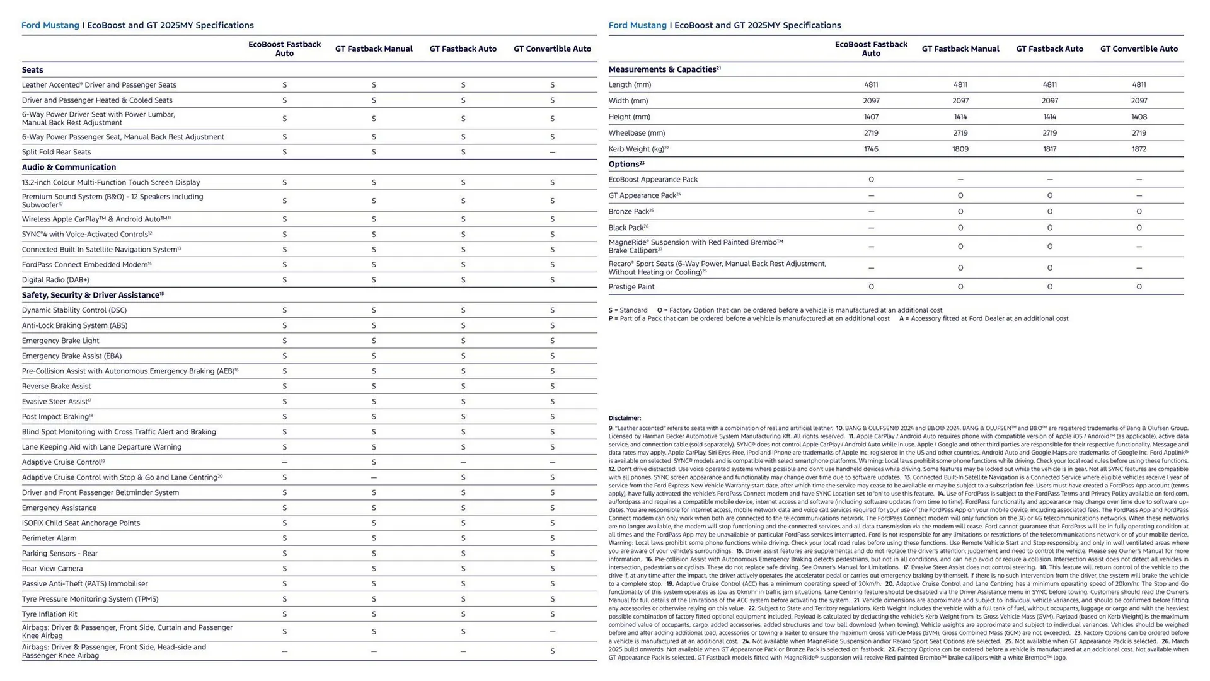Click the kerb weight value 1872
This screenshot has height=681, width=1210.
tap(1139, 149)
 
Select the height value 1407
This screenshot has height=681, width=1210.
tap(871, 117)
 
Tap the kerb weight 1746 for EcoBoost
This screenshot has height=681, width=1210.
tap(871, 149)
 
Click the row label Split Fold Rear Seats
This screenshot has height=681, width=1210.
tap(56, 152)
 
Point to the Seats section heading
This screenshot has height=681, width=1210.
tap(33, 70)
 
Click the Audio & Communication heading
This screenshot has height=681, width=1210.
tap(69, 167)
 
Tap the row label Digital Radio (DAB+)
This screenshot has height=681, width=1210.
tap(55, 280)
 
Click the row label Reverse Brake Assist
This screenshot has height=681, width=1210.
tap(56, 387)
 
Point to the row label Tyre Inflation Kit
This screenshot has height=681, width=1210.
tap(50, 614)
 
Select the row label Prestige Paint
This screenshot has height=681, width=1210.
tap(631, 287)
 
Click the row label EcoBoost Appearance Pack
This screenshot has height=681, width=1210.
tap(653, 180)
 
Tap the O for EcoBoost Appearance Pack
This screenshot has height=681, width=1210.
tap(871, 180)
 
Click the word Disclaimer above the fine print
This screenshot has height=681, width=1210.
tap(625, 418)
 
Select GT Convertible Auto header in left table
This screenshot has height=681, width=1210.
tap(552, 49)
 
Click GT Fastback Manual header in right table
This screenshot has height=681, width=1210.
tap(960, 49)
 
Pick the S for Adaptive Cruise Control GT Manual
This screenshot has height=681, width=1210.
tap(374, 462)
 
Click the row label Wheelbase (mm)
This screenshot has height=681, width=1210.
tap(637, 133)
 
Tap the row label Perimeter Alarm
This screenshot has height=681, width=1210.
tap(49, 538)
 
